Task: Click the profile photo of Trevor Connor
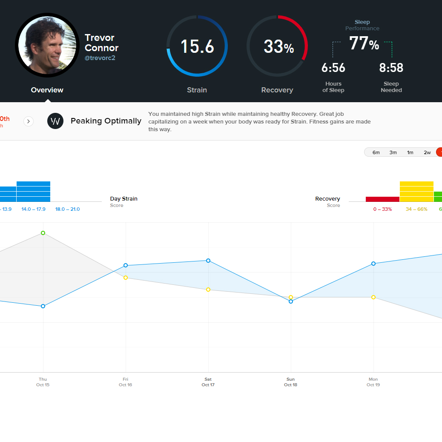47,45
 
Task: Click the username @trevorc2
100,58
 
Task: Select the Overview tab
47,90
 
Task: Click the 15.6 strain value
197,46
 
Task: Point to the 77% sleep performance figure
364,43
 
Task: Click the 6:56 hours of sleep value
333,68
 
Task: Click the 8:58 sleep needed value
391,68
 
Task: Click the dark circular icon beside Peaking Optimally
55,121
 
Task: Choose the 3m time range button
393,152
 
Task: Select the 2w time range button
427,152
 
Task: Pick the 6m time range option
376,152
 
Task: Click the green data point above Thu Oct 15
43,233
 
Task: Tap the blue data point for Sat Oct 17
208,261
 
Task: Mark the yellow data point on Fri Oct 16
126,278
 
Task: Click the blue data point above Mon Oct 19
373,264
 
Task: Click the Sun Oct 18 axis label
290,382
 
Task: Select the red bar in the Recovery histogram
382,199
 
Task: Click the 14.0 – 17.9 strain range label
33,209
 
